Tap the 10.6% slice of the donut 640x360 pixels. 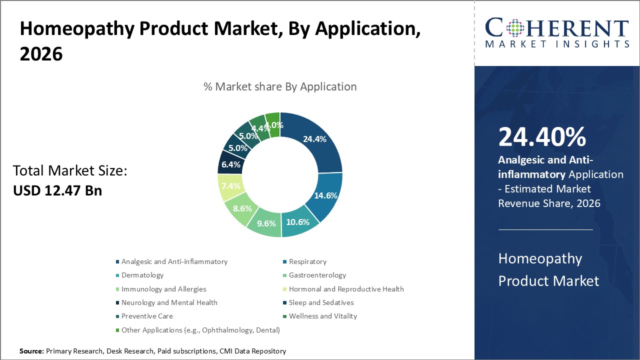pyautogui.click(x=298, y=221)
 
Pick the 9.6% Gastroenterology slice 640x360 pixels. pyautogui.click(x=266, y=222)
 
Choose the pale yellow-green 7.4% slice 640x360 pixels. pyautogui.click(x=230, y=186)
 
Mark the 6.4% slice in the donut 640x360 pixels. pyautogui.click(x=230, y=164)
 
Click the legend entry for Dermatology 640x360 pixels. pyautogui.click(x=142, y=275)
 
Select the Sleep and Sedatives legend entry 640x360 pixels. pyautogui.click(x=321, y=302)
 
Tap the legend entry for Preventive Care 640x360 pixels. pyautogui.click(x=147, y=316)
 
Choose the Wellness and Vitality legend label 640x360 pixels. pyautogui.click(x=322, y=316)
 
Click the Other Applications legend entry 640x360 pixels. pyautogui.click(x=200, y=330)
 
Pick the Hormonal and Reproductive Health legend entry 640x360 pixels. pyautogui.click(x=346, y=289)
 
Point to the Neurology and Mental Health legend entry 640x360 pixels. pyautogui.click(x=169, y=302)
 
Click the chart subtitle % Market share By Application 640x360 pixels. pyautogui.click(x=280, y=86)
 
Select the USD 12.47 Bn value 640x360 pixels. pyautogui.click(x=57, y=190)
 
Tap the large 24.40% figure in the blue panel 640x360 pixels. pyautogui.click(x=542, y=137)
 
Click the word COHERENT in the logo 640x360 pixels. pyautogui.click(x=556, y=28)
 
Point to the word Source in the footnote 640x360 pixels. pyautogui.click(x=31, y=351)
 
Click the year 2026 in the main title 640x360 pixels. pyautogui.click(x=41, y=53)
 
